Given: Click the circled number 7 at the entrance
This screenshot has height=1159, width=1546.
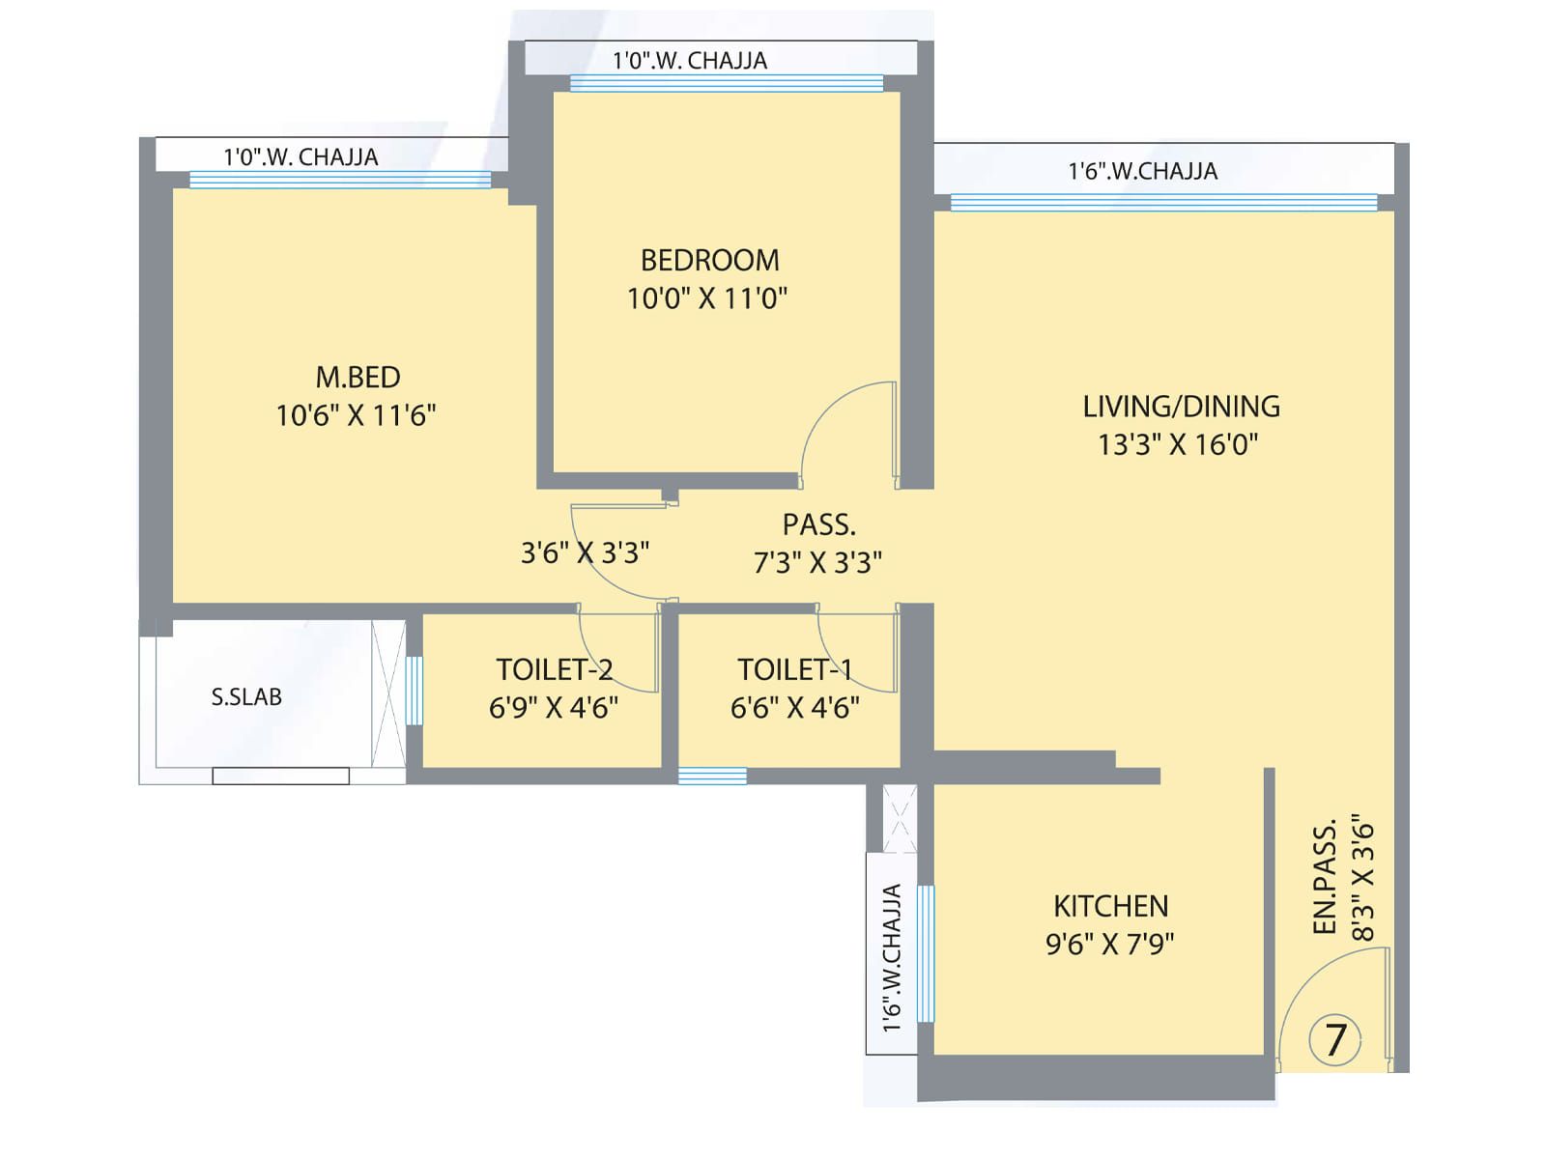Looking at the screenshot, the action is [x=1334, y=1040].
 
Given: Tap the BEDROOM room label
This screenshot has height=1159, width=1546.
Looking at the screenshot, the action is [x=710, y=261].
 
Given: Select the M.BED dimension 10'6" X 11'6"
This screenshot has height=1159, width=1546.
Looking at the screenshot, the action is [x=356, y=415].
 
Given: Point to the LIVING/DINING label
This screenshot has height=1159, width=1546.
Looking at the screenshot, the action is [x=1181, y=407].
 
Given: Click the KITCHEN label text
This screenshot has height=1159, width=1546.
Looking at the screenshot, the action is [x=1111, y=906].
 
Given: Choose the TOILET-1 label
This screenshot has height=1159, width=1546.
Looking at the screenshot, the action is [x=794, y=670].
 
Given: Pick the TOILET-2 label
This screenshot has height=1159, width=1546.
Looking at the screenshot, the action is [x=555, y=670].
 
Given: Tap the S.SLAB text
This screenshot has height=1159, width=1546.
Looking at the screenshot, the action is [x=246, y=696].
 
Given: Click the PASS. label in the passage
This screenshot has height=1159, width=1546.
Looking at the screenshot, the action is [x=819, y=525].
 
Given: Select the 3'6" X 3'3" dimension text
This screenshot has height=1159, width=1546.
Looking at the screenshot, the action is [x=585, y=553].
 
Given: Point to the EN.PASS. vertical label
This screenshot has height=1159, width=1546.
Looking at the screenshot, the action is [x=1325, y=877].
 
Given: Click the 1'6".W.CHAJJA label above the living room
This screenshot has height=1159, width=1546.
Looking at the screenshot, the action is [x=1143, y=171].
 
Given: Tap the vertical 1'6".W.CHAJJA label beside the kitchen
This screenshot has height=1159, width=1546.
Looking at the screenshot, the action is [x=893, y=958].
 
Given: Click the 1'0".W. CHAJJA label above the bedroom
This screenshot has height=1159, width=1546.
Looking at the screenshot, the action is [x=690, y=61].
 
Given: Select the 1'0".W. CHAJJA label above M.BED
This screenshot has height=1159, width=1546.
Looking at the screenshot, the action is [x=301, y=156].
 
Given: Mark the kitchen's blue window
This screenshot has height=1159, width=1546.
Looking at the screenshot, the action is [x=926, y=953].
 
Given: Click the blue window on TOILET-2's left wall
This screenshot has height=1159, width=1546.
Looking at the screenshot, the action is [x=415, y=690].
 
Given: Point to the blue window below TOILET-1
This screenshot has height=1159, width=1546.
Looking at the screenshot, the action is [x=712, y=777].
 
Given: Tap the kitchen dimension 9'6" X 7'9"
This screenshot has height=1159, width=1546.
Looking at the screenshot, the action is [x=1110, y=944].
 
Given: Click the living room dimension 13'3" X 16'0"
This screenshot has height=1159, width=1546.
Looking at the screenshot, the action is [x=1178, y=444].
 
